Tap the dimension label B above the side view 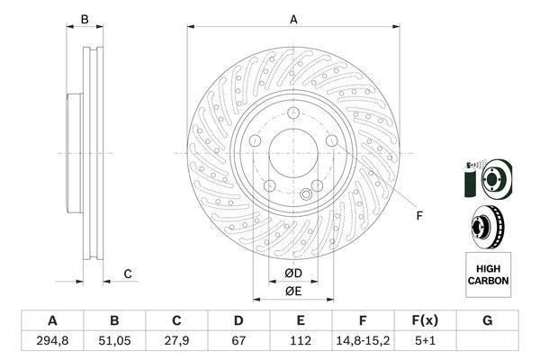85,18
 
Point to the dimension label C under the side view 128,274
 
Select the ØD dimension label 293,274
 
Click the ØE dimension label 293,291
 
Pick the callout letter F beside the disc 419,216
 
